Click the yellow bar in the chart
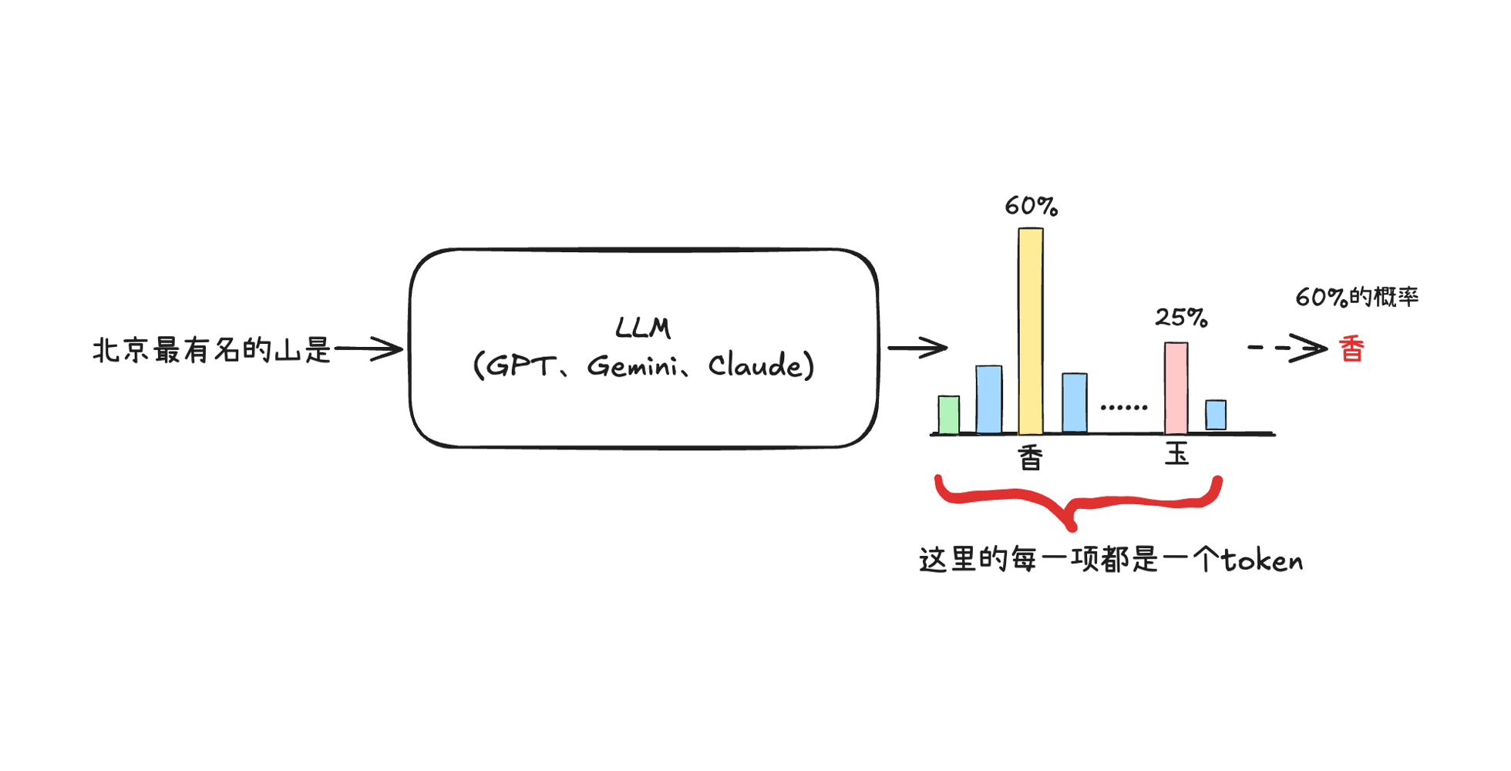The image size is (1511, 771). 1031,332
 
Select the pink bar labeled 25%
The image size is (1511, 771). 1176,388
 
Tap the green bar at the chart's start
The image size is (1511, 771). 949,415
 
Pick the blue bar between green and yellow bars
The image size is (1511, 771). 989,399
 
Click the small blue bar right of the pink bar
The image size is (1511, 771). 1216,415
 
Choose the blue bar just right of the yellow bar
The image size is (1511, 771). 1075,402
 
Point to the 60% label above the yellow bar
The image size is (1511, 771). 1031,206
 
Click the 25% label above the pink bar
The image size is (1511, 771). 1180,317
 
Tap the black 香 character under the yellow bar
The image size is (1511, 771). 1031,458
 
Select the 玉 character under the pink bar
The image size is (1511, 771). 1176,453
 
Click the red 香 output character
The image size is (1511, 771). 1351,349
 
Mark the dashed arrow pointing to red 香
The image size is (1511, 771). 1287,348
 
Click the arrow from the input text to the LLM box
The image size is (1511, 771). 368,349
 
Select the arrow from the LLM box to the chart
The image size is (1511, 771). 917,348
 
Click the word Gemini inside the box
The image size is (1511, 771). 632,366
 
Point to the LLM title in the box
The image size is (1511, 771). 643,328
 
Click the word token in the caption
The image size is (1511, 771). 1262,561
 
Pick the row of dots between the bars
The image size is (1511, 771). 1123,407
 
